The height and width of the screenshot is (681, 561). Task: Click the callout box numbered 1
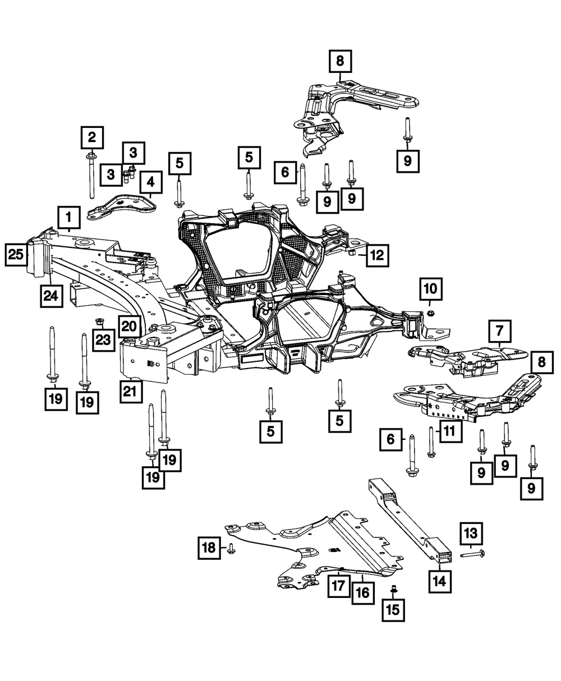(68, 217)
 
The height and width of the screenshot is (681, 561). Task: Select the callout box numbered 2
(91, 136)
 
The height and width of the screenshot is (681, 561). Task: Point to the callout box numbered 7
(499, 331)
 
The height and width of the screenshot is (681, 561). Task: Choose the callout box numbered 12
(377, 256)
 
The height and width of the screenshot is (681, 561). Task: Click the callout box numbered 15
(393, 610)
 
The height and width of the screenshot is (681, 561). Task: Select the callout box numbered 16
(363, 591)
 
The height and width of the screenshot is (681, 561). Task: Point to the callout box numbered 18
(209, 547)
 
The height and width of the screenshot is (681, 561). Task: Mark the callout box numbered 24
(51, 295)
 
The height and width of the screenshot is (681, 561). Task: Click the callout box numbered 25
(17, 255)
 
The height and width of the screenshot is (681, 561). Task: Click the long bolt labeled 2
(90, 174)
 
